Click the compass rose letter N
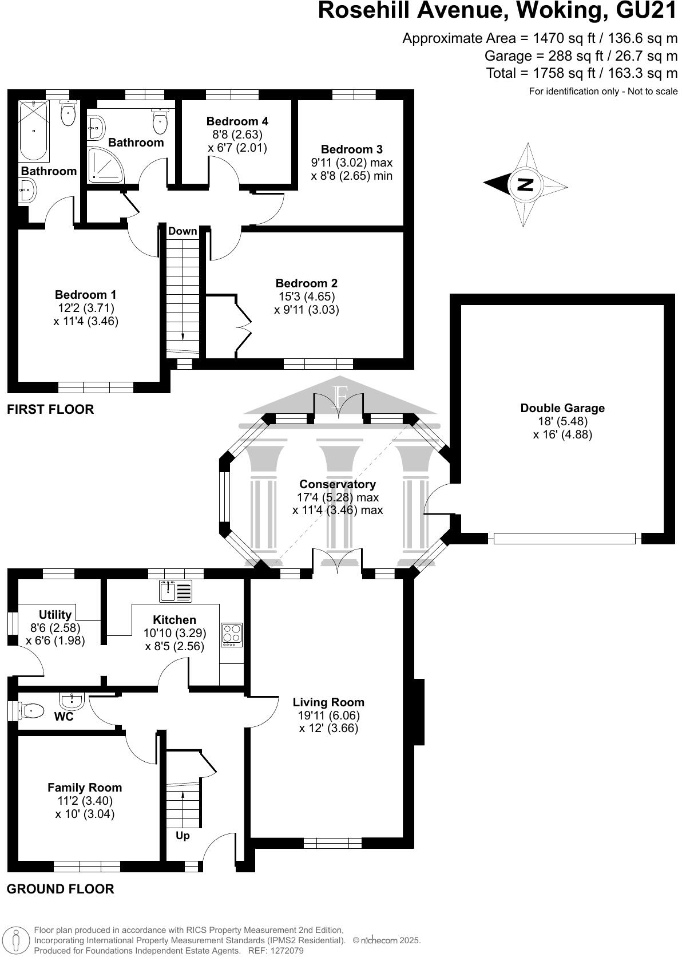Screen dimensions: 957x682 [525, 184]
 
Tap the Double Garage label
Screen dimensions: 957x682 [562, 408]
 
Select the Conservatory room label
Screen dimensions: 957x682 [338, 484]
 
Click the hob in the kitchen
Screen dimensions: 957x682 [232, 635]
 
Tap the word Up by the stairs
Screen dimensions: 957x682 [183, 836]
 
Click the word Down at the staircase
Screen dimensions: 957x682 [183, 231]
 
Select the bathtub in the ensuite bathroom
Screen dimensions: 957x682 [34, 131]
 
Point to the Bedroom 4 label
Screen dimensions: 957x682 [237, 121]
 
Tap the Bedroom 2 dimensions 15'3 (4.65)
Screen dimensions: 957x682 [306, 296]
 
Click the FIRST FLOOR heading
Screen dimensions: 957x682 [50, 409]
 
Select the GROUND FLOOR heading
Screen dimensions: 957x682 [60, 889]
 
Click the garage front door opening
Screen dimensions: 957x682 [564, 538]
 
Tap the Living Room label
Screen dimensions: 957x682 [328, 702]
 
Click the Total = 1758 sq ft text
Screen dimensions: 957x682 [581, 73]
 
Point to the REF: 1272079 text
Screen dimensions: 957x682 [275, 951]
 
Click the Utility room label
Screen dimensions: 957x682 [55, 615]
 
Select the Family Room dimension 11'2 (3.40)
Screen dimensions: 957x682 [85, 801]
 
